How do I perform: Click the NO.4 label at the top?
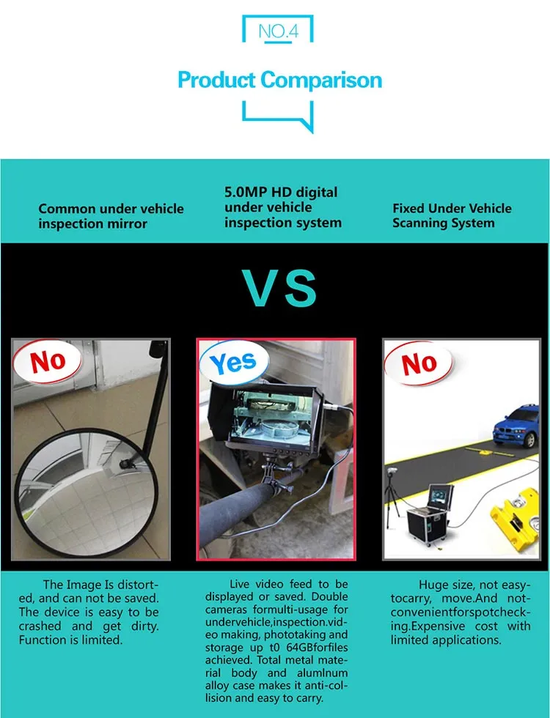click(x=278, y=31)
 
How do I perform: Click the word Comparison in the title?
click(x=321, y=80)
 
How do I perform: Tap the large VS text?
click(x=279, y=288)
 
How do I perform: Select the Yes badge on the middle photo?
click(x=234, y=362)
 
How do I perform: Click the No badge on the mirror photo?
click(x=48, y=360)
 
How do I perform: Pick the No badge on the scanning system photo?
click(x=419, y=363)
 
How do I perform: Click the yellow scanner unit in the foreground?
click(x=514, y=517)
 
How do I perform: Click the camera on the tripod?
click(x=392, y=472)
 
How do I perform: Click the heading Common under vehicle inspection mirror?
click(x=111, y=216)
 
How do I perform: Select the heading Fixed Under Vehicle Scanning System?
click(x=452, y=215)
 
